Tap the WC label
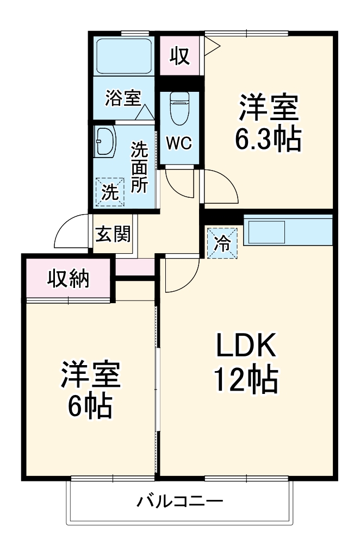[x=179, y=143]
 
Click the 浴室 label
[x=122, y=98]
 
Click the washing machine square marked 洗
[x=110, y=192]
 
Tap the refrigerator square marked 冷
[x=222, y=243]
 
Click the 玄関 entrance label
[x=113, y=235]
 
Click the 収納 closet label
[x=68, y=279]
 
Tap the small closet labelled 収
[x=179, y=55]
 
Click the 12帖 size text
[x=246, y=380]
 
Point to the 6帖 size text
[x=90, y=405]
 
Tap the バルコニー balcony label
[x=179, y=500]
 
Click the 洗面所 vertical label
[x=140, y=167]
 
